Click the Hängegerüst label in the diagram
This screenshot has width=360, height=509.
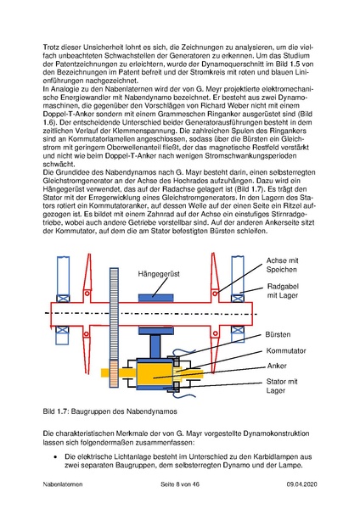click(x=159, y=274)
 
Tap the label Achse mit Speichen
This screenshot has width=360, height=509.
click(x=282, y=265)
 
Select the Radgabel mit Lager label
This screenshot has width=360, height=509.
click(x=283, y=291)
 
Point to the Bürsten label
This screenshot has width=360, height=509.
click(x=278, y=335)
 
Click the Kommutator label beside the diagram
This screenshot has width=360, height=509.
click(x=286, y=350)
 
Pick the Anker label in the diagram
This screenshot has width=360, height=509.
click(x=277, y=366)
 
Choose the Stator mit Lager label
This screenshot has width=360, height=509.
click(x=282, y=386)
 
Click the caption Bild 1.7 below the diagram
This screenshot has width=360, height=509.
click(x=110, y=411)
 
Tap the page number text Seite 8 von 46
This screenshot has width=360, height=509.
click(x=180, y=484)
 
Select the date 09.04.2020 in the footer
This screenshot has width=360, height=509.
click(x=301, y=484)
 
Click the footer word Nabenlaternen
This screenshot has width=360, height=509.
click(x=63, y=484)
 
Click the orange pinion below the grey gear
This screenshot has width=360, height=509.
click(x=114, y=373)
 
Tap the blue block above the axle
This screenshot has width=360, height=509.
click(x=155, y=298)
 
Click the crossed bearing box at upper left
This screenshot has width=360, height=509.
click(x=62, y=299)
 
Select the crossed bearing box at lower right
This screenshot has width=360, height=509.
click(x=238, y=330)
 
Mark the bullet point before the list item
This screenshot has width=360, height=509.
click(x=55, y=457)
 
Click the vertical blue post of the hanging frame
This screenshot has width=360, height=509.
click(x=155, y=346)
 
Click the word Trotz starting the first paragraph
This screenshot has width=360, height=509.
click(x=50, y=48)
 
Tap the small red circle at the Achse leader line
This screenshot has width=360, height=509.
click(x=215, y=294)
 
